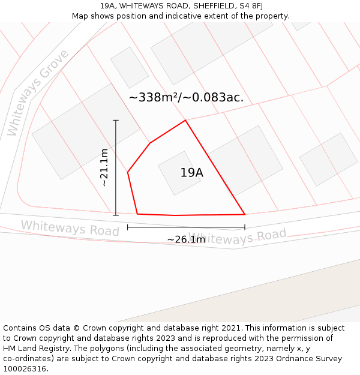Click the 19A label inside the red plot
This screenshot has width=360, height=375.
192,173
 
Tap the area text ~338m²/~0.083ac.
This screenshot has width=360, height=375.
186,97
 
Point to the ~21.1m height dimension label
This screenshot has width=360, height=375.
104,167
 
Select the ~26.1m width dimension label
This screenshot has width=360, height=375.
186,239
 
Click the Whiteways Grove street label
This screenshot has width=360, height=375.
38,93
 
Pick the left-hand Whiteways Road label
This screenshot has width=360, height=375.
70,228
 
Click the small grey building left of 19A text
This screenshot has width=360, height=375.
172,173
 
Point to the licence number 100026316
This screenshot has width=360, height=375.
25,369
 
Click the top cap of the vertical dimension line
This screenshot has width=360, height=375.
116,121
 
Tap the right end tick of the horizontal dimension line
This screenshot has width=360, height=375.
245,227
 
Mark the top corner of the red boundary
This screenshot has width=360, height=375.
185,120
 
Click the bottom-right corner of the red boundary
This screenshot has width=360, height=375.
245,214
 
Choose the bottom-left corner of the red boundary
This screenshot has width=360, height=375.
137,214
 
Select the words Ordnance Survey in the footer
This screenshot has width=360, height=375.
310,359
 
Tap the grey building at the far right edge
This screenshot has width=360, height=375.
328,159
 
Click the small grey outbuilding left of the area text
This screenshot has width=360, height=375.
129,67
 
